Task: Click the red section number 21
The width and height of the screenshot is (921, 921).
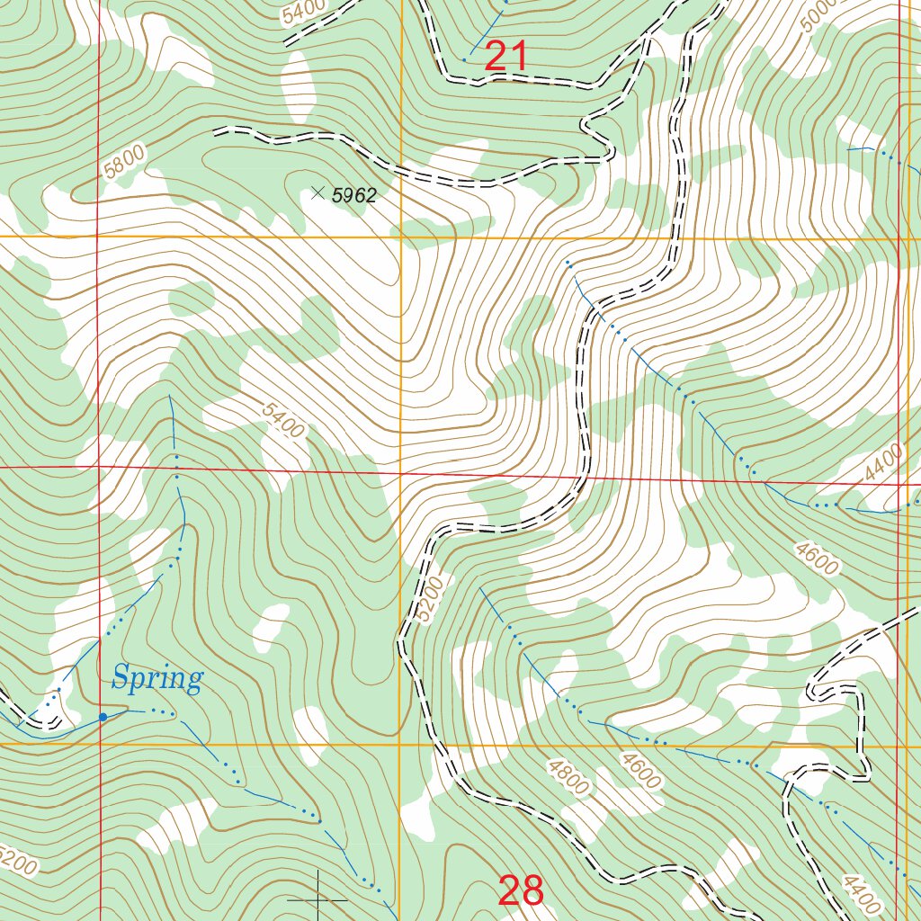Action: (505, 58)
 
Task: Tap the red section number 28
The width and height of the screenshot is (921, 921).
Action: (521, 890)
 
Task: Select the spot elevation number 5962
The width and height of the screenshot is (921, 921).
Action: (353, 195)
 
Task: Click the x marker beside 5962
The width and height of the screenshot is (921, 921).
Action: (317, 192)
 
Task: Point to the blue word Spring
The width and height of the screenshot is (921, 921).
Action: (157, 679)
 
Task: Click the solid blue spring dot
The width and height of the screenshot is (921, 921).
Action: (103, 717)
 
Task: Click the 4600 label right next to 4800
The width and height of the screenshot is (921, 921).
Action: (640, 771)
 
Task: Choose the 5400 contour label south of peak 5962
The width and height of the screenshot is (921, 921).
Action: (283, 420)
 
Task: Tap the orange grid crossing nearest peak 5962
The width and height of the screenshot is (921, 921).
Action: (401, 237)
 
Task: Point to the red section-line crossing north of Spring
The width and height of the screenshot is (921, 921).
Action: (99, 468)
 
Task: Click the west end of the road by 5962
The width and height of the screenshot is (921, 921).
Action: (216, 131)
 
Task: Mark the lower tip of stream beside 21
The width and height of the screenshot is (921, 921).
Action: (465, 59)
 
